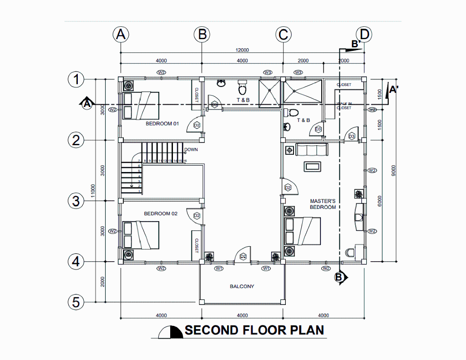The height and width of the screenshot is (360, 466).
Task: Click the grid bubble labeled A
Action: pos(121,34)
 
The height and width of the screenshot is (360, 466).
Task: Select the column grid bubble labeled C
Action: pos(283,34)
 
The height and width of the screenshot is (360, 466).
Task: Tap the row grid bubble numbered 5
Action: pos(76,302)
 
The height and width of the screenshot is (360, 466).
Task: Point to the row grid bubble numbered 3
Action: pos(76,200)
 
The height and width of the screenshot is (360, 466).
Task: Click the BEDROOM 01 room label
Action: pos(162,123)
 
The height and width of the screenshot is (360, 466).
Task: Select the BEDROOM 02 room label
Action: pos(161,213)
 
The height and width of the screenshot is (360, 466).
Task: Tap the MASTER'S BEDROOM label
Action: pos(323,204)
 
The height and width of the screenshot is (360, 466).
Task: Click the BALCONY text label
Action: pos(242,286)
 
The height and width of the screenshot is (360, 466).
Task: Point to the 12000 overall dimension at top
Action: pos(242,50)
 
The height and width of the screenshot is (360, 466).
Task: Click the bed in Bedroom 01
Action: pos(142,106)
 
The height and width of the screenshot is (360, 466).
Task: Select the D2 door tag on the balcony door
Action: pos(243,256)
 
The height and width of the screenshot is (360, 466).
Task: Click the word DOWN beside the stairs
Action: pos(191,150)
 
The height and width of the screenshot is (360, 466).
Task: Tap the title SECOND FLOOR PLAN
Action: pos(254,330)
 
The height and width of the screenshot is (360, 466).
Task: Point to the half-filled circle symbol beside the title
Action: pos(170,332)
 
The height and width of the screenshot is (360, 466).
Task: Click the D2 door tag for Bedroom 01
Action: pos(197,125)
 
